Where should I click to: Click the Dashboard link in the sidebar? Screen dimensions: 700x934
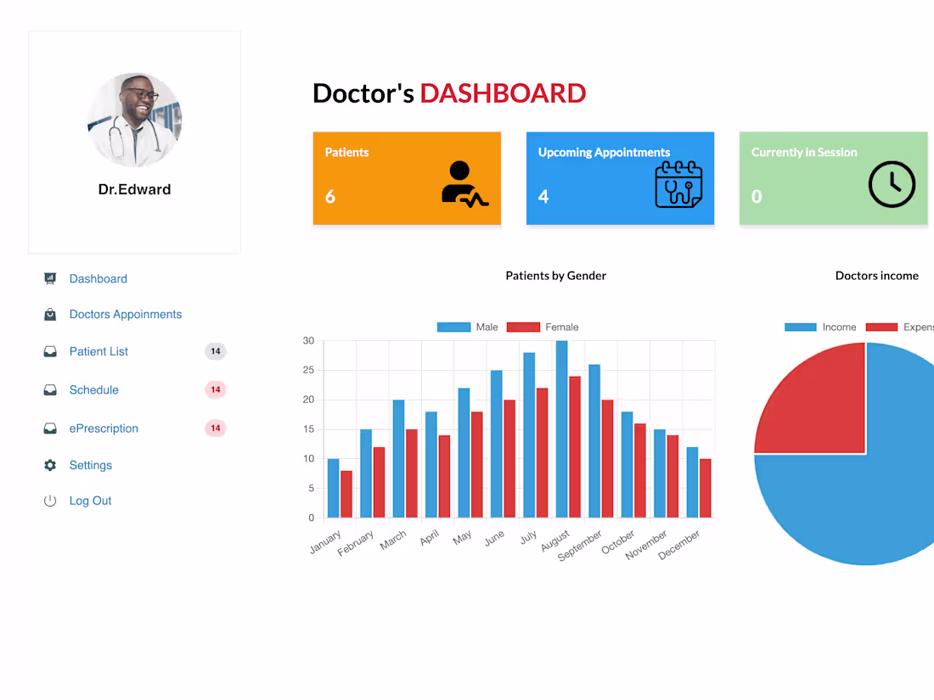[98, 278]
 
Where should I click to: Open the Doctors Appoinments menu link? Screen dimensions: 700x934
[125, 314]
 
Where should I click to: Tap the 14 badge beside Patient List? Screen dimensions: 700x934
[216, 351]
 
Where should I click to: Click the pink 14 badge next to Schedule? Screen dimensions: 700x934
[216, 389]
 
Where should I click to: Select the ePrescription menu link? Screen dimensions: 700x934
[104, 428]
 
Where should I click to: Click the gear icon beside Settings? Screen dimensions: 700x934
[50, 465]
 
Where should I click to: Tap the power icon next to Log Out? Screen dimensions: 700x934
[50, 501]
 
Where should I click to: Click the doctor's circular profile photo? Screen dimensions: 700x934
[134, 120]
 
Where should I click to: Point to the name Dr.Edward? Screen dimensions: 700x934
[134, 189]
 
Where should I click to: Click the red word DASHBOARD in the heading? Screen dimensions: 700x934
[503, 93]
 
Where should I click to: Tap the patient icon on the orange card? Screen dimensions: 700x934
[464, 183]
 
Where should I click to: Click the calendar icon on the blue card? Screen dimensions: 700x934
[678, 184]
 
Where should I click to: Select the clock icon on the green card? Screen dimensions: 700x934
[892, 184]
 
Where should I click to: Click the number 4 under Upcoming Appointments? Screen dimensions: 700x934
[543, 197]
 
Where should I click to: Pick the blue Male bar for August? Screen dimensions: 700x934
[561, 429]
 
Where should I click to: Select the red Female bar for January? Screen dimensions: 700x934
[346, 494]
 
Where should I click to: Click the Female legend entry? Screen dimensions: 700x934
[543, 327]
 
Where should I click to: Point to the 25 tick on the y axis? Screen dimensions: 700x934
[308, 370]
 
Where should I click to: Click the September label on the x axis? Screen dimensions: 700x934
[581, 545]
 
